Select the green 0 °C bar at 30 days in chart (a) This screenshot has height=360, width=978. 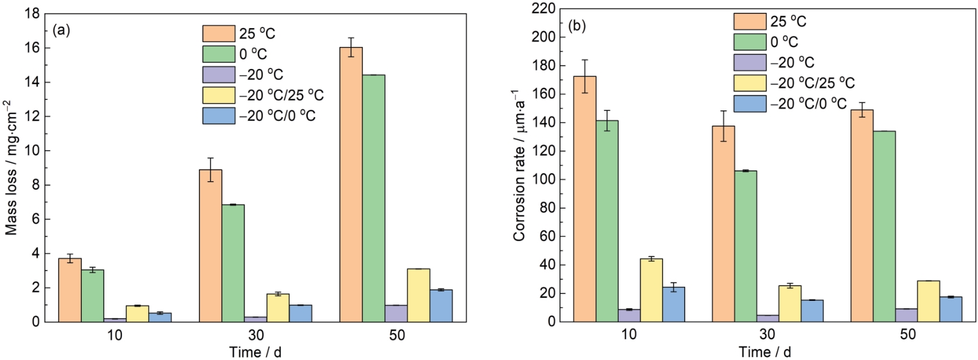click(233, 263)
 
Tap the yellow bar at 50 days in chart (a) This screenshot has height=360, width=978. click(419, 295)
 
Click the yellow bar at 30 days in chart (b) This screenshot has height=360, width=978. click(789, 303)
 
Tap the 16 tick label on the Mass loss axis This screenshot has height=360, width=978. click(32, 48)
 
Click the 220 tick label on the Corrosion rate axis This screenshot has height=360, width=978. click(544, 9)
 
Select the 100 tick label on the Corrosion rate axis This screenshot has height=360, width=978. click(544, 179)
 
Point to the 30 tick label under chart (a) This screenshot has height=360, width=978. click(256, 335)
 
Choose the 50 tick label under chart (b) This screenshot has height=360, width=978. click(907, 334)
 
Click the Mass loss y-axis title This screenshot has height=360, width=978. click(11, 168)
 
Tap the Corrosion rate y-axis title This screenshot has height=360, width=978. click(519, 165)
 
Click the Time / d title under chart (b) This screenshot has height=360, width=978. click(764, 352)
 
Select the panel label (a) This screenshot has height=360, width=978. click(62, 30)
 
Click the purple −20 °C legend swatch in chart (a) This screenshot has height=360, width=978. click(218, 74)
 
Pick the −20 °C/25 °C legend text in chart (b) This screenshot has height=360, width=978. click(812, 83)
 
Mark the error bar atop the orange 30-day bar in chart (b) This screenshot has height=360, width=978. click(723, 126)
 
